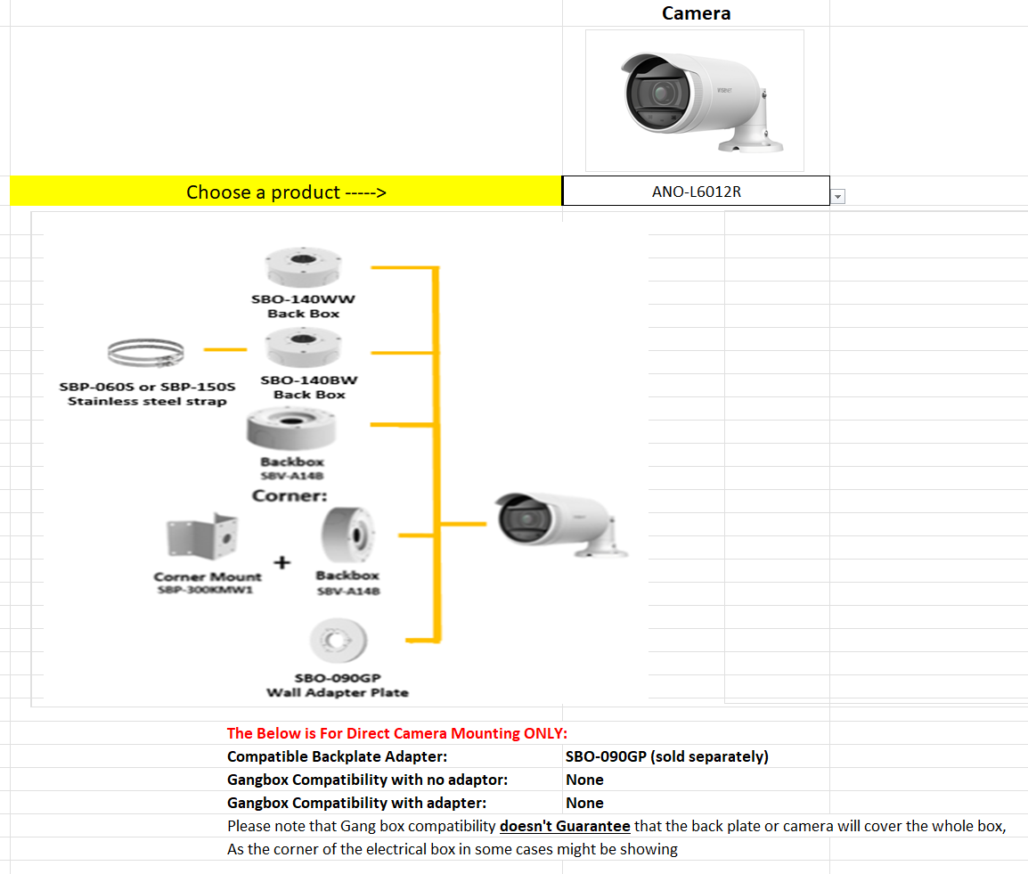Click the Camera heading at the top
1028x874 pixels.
[696, 13]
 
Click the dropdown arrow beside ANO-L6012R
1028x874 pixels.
[837, 197]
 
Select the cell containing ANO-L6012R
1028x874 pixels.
[696, 192]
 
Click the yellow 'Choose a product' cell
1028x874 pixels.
[286, 192]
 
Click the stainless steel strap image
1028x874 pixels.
[146, 355]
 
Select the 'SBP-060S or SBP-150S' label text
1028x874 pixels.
[147, 387]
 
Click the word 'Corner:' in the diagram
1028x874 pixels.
[290, 495]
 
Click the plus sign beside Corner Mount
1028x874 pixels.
[281, 562]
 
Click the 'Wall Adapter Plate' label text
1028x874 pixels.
[338, 692]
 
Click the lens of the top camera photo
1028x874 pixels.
[660, 93]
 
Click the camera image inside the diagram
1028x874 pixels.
[561, 525]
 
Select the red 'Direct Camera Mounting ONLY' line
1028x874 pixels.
[397, 733]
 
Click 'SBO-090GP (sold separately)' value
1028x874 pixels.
[666, 756]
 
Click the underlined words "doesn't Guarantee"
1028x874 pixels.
[565, 826]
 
